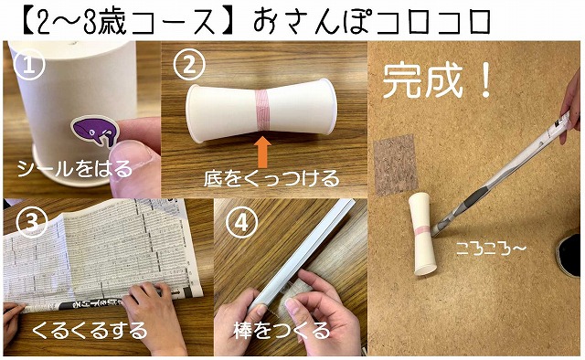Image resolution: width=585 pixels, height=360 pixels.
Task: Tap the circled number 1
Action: [x=29, y=65]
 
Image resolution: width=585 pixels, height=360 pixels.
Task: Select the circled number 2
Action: [x=190, y=65]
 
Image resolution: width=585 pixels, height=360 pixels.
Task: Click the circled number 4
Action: [x=241, y=224]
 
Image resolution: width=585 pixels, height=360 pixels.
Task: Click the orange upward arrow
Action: [x=264, y=153]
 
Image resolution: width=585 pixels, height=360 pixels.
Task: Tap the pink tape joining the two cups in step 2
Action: [x=262, y=110]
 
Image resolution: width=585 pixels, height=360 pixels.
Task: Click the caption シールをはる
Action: [x=75, y=169]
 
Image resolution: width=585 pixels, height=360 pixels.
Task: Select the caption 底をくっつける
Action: [x=271, y=178]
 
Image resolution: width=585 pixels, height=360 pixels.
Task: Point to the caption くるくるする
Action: [x=90, y=330]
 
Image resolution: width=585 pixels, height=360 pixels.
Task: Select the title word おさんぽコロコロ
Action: [x=372, y=21]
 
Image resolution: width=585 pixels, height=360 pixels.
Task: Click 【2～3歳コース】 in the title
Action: [x=128, y=21]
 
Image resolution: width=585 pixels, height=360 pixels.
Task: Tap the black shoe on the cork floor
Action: [x=570, y=254]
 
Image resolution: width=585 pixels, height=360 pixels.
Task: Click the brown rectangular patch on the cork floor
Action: [x=395, y=164]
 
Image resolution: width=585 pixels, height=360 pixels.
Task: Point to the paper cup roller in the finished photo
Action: [x=423, y=234]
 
